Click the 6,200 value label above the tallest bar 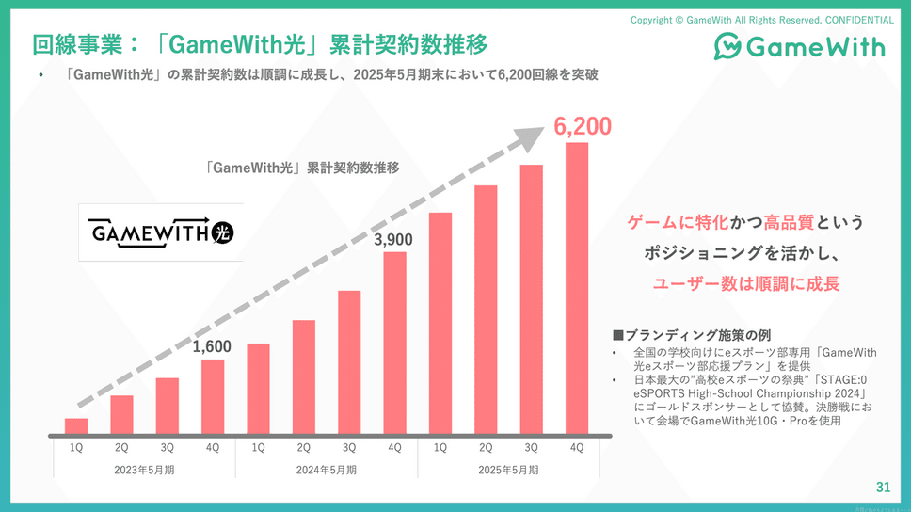coord(583,126)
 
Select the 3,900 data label coord(393,241)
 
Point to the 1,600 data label coord(212,347)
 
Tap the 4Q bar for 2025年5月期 coord(577,289)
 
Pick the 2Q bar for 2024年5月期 coord(303,377)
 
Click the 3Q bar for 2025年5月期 coord(531,300)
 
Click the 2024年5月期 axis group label coord(326,469)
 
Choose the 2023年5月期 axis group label coord(144,469)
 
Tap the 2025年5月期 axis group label coord(508,469)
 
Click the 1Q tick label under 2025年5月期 coord(440,448)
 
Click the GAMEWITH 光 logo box coord(161,232)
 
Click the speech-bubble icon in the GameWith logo coord(730,46)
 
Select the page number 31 coord(882,487)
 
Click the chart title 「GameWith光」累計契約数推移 coord(302,168)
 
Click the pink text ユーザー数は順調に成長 coord(745,283)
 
